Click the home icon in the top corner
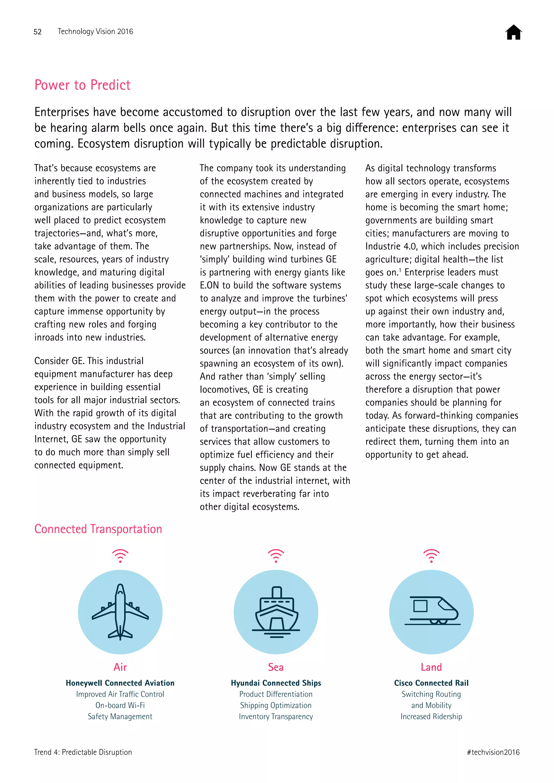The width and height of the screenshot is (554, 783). (513, 32)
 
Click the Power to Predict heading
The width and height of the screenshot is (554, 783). (83, 85)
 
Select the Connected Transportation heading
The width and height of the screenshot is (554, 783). (98, 529)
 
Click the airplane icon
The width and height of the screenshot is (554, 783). (120, 612)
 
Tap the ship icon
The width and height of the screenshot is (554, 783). (276, 612)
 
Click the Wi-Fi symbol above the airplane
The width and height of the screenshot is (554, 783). (120, 556)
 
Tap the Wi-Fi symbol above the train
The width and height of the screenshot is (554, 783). (431, 556)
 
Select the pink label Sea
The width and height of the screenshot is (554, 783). (276, 667)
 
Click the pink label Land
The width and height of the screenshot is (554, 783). (431, 667)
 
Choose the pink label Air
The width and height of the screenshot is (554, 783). (120, 667)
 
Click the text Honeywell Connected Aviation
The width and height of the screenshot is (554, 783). (120, 683)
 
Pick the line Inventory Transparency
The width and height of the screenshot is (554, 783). (276, 716)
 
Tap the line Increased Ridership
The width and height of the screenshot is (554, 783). (431, 716)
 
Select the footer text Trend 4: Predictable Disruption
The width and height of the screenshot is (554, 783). (83, 752)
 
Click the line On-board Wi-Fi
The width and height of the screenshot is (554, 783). (120, 705)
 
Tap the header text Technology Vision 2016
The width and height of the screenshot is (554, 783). (95, 32)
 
